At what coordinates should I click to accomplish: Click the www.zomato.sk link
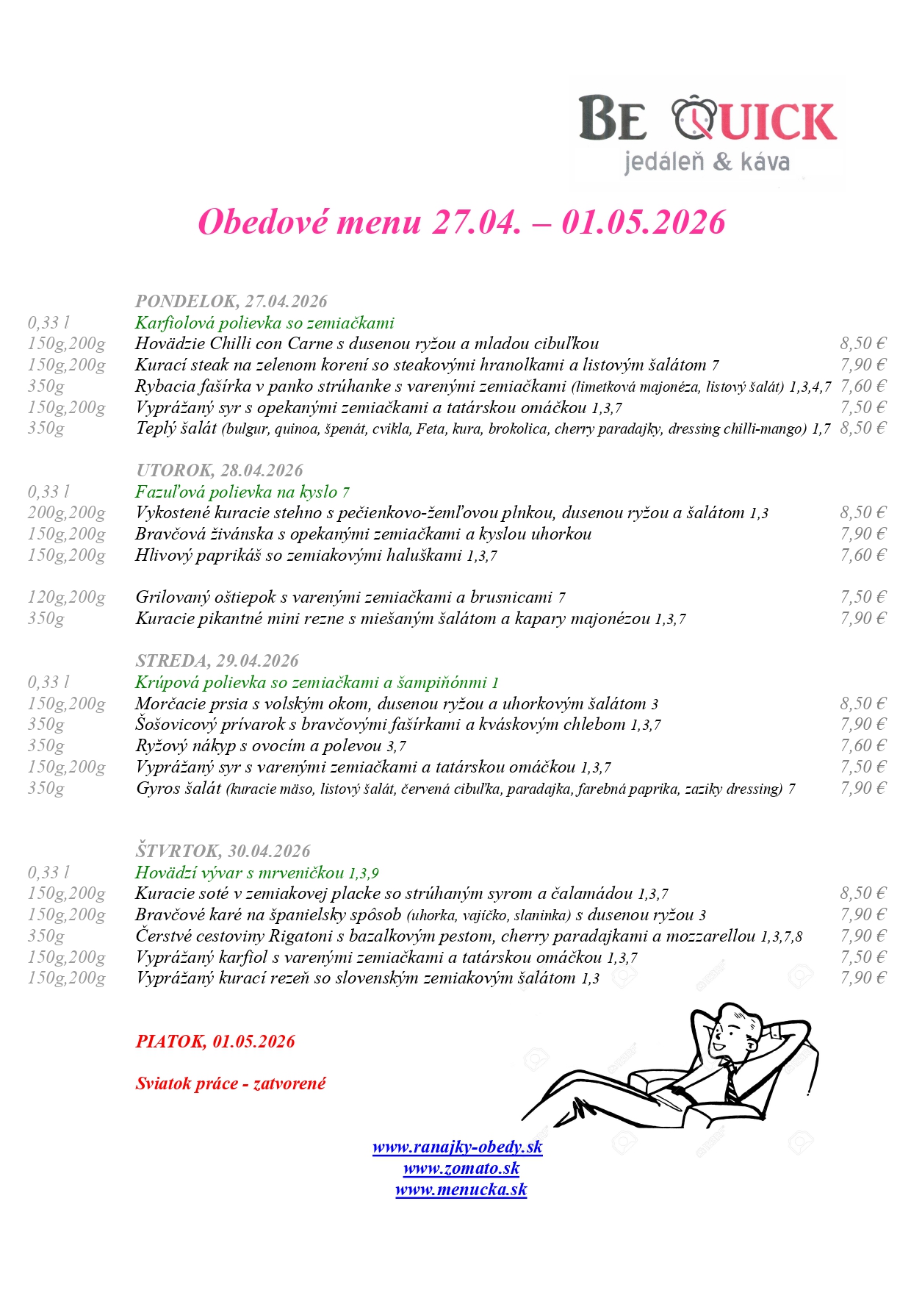tap(461, 1168)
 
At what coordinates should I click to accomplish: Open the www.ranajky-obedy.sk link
tap(457, 1147)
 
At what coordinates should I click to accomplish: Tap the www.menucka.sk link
tap(461, 1189)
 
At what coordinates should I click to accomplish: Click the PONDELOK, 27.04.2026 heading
tap(231, 301)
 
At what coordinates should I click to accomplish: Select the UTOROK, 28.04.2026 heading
tap(219, 470)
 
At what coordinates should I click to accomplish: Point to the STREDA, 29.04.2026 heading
tap(217, 661)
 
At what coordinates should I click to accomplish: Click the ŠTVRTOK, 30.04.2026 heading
tap(223, 851)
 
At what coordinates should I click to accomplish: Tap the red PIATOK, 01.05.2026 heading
tap(215, 1042)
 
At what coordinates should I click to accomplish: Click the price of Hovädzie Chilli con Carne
tap(863, 343)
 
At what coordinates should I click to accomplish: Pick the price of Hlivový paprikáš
tap(863, 555)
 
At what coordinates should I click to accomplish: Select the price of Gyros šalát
tap(863, 788)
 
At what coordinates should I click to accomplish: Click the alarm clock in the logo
tap(694, 118)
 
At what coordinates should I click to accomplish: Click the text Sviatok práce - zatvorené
tap(230, 1083)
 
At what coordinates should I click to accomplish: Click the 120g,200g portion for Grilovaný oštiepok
tap(66, 598)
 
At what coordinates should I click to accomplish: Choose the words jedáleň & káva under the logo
tap(706, 162)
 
